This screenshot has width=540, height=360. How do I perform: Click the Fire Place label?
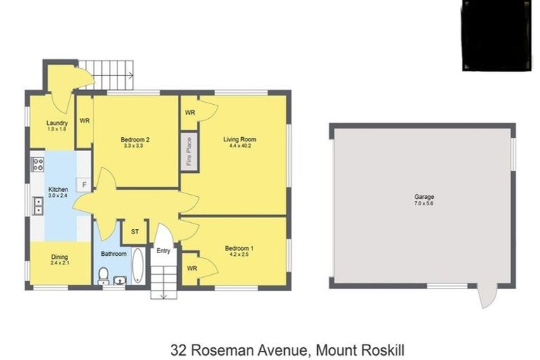[189, 150]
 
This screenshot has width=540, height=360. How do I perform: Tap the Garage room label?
[423, 197]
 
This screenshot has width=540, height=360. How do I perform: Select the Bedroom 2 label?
[135, 139]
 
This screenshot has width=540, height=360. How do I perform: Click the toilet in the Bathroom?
[103, 274]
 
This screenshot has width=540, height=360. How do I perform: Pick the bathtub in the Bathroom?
[137, 267]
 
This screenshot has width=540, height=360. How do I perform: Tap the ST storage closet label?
[135, 230]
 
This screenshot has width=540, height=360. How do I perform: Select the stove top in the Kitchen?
[37, 165]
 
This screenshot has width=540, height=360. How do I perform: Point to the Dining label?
[59, 257]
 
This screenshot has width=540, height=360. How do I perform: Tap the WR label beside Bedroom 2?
[84, 121]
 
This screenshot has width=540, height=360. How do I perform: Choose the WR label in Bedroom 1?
[192, 268]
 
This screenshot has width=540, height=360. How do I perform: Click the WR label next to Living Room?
[190, 112]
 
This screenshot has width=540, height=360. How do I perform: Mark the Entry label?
[163, 250]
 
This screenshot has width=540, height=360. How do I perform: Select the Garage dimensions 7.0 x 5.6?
[423, 204]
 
